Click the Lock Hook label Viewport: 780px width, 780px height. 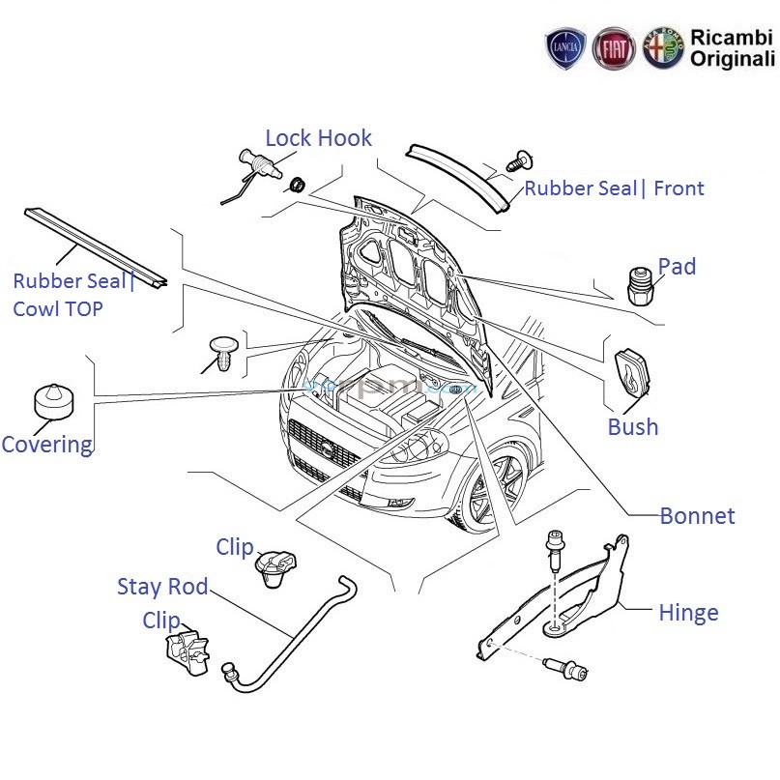(x=318, y=138)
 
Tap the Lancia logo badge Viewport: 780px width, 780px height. (x=566, y=48)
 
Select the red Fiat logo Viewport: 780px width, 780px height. (x=614, y=48)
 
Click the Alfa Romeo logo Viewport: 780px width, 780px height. (x=663, y=48)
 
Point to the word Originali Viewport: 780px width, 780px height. (x=732, y=59)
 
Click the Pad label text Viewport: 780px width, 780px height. (x=677, y=267)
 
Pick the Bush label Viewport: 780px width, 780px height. (x=633, y=426)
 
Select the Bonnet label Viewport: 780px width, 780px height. (x=697, y=516)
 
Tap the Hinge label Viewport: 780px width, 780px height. (x=688, y=612)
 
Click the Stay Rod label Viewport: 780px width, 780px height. (x=162, y=587)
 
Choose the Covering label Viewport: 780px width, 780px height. (x=46, y=445)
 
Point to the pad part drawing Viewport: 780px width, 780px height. (x=638, y=284)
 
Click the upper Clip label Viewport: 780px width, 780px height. (x=235, y=547)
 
